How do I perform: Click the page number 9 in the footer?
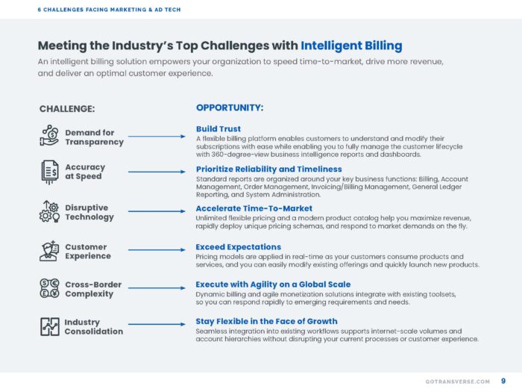click(x=503, y=382)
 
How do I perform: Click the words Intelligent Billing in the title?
click(x=351, y=46)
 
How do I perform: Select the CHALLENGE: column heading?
click(x=67, y=109)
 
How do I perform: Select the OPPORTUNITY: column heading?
click(x=230, y=108)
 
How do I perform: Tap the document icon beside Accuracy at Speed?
click(x=49, y=172)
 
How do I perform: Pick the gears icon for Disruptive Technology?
click(x=49, y=212)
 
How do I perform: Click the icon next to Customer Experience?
click(x=49, y=251)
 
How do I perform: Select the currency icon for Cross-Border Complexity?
click(x=49, y=289)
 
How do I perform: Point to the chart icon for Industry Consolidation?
click(x=49, y=326)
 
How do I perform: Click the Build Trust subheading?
click(x=218, y=128)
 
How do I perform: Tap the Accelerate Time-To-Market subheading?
click(x=254, y=208)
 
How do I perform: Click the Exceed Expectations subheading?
click(x=238, y=246)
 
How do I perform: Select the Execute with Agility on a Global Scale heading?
click(x=273, y=284)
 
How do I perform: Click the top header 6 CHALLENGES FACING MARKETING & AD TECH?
click(x=109, y=10)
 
